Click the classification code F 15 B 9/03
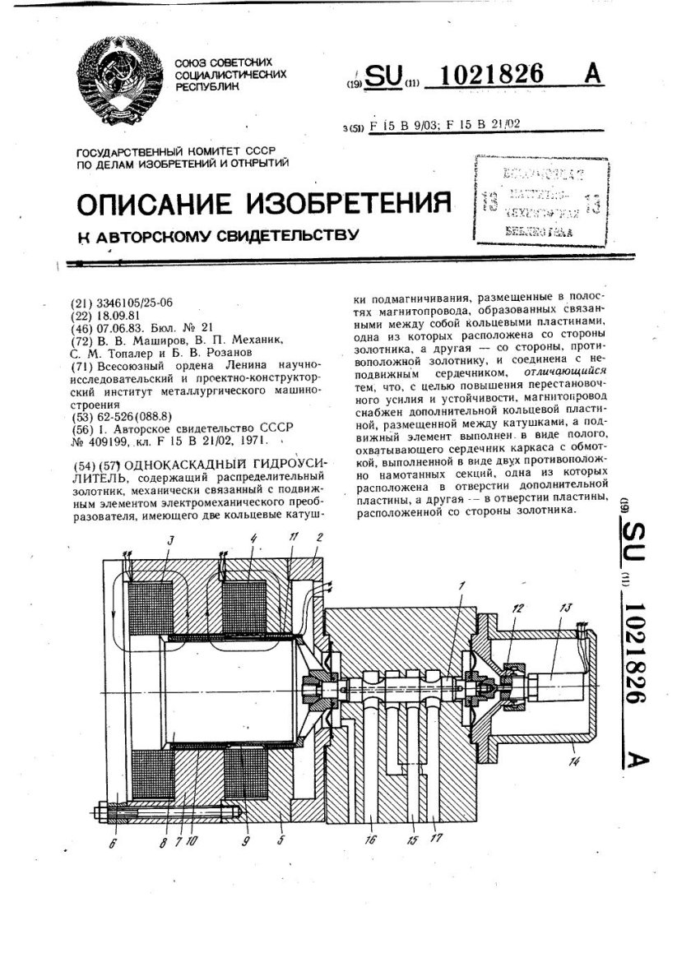click(x=408, y=125)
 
